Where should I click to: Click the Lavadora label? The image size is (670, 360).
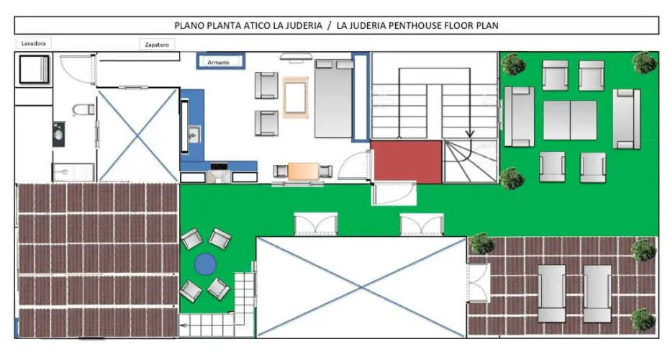33,44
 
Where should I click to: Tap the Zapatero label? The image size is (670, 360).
157,45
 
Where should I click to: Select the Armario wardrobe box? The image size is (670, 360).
220,61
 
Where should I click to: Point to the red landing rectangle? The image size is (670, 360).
407,162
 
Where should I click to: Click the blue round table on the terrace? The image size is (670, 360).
205,264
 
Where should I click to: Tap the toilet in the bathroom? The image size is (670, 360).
83,109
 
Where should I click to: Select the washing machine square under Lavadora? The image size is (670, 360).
34,69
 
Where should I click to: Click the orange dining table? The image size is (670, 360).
304,171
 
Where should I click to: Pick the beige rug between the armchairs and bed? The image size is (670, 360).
295,98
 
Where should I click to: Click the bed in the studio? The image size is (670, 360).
334,99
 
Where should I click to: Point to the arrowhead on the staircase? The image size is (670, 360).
470,134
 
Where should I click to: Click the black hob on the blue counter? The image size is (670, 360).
219,167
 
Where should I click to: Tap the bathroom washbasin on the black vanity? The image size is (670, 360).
59,135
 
